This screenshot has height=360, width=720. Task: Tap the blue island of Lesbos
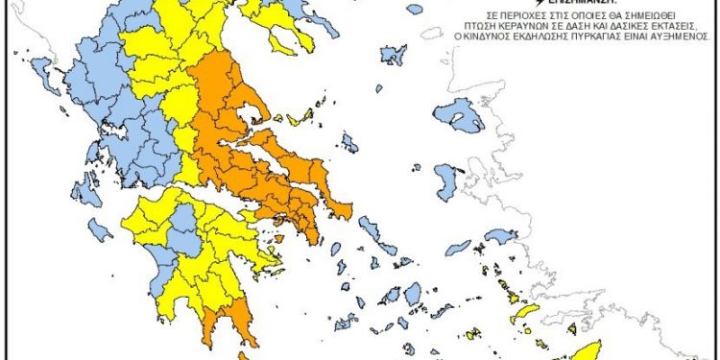pyautogui.click(x=458, y=114)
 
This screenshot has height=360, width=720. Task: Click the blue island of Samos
pyautogui.click(x=500, y=236)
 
